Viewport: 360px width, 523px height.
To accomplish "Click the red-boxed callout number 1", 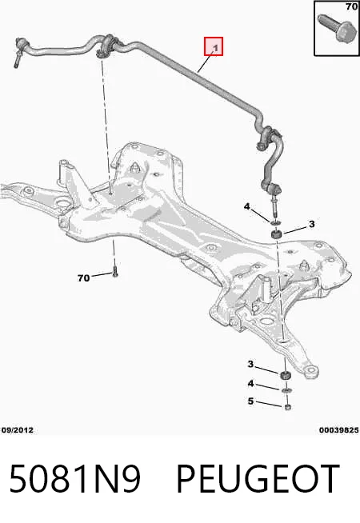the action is (x=216, y=48).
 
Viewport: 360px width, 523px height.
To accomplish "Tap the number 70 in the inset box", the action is (x=351, y=6).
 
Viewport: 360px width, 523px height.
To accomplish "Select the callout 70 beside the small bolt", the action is (x=83, y=277).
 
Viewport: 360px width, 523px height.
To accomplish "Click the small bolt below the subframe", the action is (x=115, y=272).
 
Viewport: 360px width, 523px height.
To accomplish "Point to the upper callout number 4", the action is (x=246, y=207).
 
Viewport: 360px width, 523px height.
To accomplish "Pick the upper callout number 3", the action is (x=311, y=224).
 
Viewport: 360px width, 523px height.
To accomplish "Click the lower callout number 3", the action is (x=250, y=364).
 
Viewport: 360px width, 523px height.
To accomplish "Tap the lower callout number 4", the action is (x=250, y=384).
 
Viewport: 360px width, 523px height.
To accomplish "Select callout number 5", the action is (x=250, y=401).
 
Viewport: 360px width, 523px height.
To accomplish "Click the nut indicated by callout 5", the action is (x=288, y=406).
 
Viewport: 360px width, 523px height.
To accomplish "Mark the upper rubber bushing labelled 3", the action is (x=276, y=234).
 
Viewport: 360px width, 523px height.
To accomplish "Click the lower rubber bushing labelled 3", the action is (x=286, y=375).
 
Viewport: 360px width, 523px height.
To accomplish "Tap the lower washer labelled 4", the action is (x=287, y=390).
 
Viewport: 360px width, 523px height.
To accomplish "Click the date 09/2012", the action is (x=18, y=430).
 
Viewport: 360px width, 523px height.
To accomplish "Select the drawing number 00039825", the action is (x=338, y=430).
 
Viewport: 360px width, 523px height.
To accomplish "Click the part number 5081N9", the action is (x=74, y=479).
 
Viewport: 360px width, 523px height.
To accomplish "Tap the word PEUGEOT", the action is (x=258, y=479).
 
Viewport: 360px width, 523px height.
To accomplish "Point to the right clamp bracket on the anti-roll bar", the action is (x=269, y=137).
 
